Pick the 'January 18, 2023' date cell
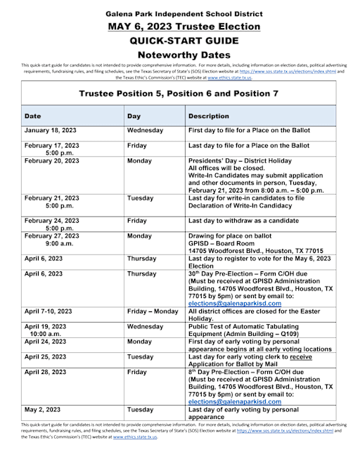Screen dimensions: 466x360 (x=51, y=131)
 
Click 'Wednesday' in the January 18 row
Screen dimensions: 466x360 (x=146, y=131)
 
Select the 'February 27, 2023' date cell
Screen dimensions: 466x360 (x=52, y=236)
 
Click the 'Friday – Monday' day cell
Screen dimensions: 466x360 (x=153, y=311)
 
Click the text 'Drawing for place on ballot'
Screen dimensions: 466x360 (x=233, y=236)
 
